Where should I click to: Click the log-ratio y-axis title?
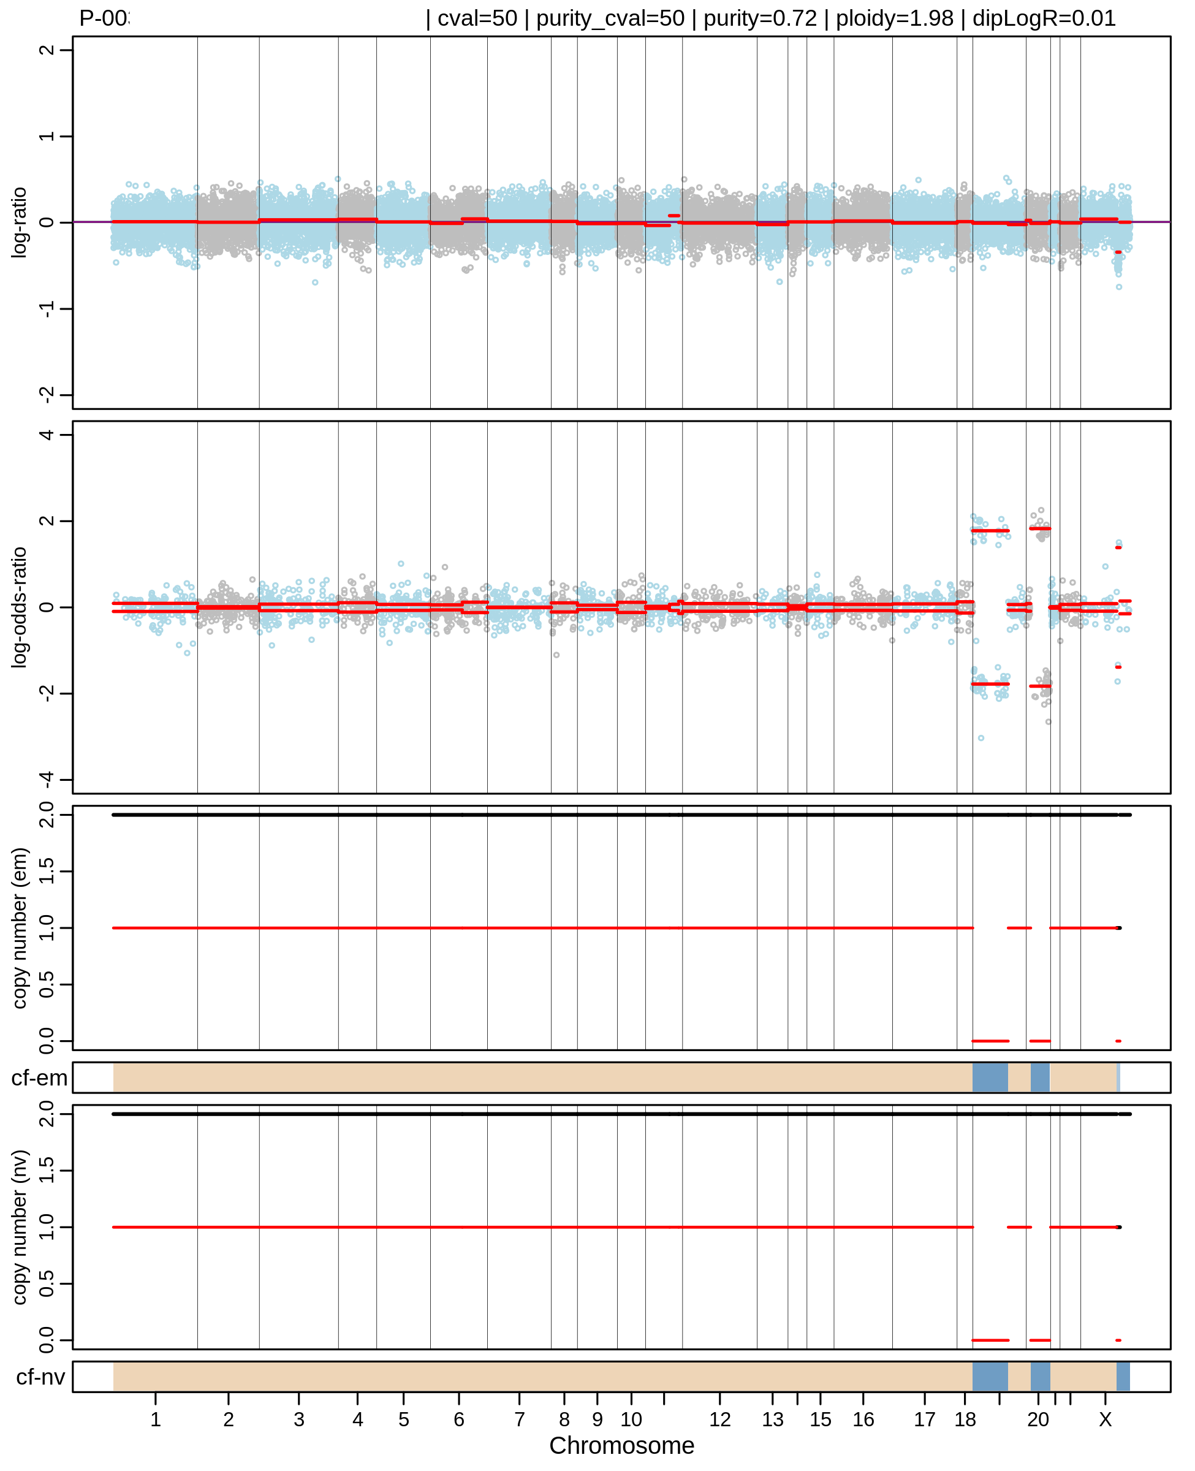[19, 222]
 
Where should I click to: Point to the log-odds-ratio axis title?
[19, 607]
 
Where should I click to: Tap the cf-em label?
[39, 1078]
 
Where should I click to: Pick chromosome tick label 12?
[719, 1420]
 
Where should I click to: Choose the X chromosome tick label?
[1105, 1420]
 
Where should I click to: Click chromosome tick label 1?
[156, 1420]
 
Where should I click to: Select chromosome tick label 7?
[519, 1420]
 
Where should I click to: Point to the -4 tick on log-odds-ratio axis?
[46, 779]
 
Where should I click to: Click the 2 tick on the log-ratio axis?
[46, 50]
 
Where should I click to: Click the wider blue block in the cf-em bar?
[990, 1078]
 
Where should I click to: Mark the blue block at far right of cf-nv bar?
[1122, 1376]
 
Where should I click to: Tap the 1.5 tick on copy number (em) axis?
[46, 872]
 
